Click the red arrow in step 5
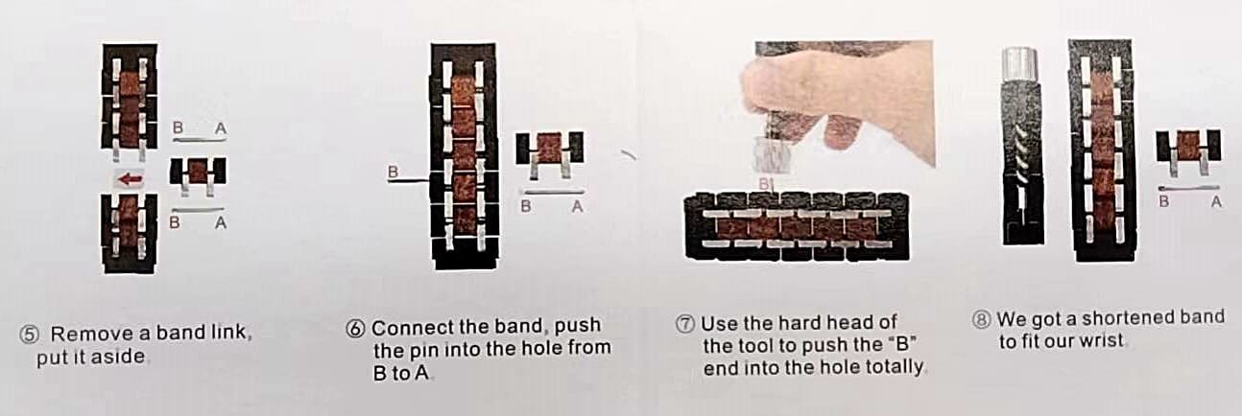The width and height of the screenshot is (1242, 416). [x=131, y=179]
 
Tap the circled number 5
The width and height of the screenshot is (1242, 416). [x=29, y=335]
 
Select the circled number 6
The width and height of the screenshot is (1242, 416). [x=355, y=329]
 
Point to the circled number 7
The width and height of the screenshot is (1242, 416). [x=686, y=323]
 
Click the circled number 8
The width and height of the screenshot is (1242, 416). [x=982, y=319]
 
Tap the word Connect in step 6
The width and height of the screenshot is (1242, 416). [x=411, y=328]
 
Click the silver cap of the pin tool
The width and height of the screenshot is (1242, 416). [x=1019, y=64]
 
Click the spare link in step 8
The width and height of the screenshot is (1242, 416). [x=1187, y=150]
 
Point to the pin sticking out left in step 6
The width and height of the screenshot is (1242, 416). [x=409, y=180]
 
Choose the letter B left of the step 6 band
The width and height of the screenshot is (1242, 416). [x=394, y=172]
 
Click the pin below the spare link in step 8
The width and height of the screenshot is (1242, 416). [x=1188, y=189]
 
